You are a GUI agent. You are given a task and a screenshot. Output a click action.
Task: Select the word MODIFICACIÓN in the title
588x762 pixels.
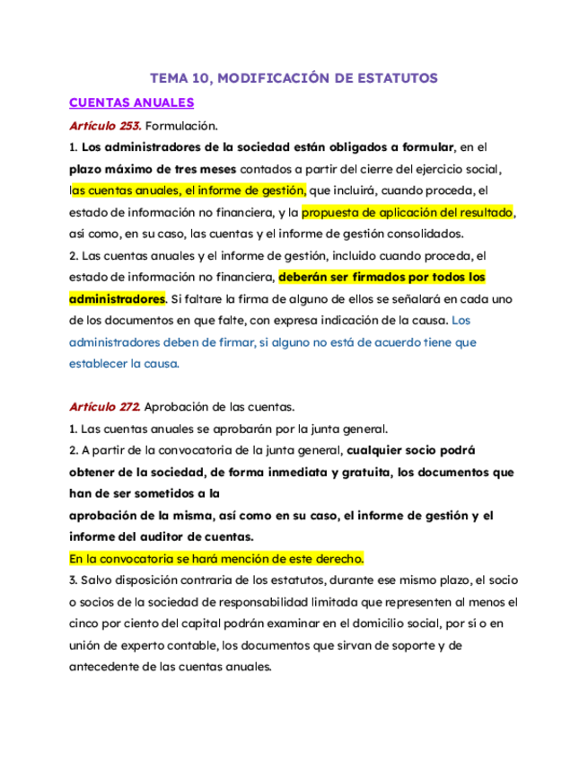tap(273, 78)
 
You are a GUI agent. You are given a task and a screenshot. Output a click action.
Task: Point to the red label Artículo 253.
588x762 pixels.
tap(104, 125)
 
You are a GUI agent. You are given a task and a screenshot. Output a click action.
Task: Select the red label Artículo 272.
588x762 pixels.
tap(104, 407)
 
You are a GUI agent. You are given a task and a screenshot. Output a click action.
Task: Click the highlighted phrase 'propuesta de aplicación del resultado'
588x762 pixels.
tap(408, 213)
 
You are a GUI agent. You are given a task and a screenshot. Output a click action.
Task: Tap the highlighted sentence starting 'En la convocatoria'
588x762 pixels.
tap(216, 559)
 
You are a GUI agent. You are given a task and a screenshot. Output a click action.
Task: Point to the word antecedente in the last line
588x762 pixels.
tap(108, 668)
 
